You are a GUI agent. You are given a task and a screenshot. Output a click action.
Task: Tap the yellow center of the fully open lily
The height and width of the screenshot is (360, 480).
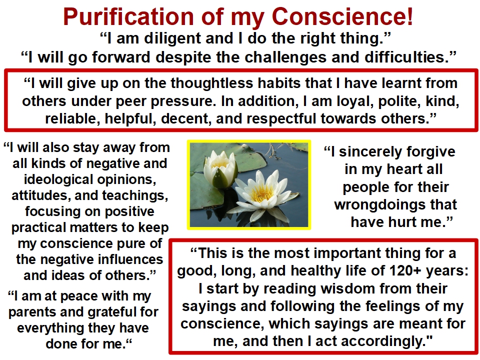click(x=261, y=192)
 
